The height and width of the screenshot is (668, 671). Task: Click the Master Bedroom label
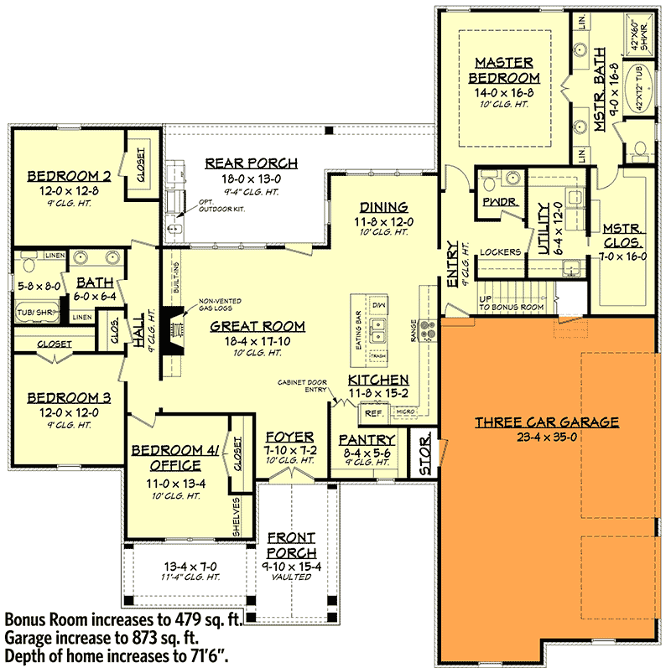(505, 70)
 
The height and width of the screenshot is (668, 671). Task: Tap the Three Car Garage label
(547, 422)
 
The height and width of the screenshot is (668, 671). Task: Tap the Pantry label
(367, 439)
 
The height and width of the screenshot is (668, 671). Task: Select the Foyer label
(289, 438)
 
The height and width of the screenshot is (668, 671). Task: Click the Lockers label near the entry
(501, 251)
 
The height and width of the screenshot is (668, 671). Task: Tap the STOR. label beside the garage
(424, 453)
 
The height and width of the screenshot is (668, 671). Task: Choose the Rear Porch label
(251, 163)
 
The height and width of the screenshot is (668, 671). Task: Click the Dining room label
(383, 208)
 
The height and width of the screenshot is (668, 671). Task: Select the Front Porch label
(291, 546)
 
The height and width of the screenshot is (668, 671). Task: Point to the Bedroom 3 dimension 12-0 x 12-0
(63, 412)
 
